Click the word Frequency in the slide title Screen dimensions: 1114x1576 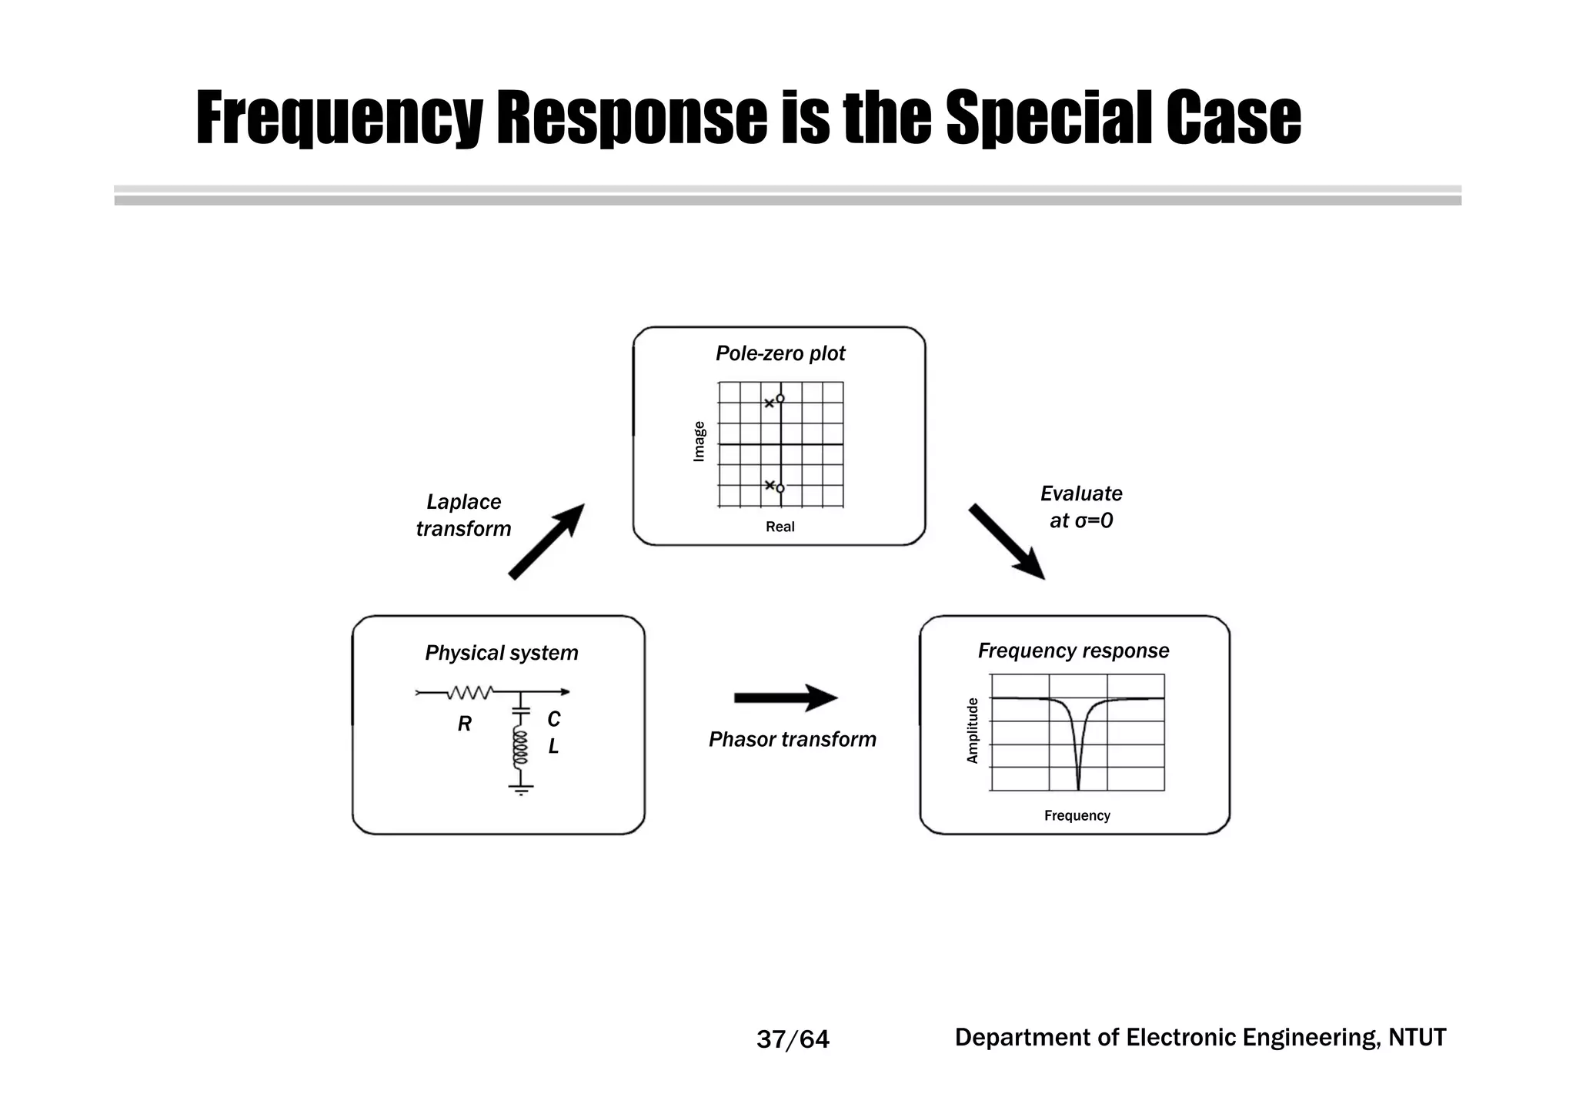(x=339, y=119)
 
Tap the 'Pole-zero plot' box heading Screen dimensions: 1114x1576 (x=780, y=353)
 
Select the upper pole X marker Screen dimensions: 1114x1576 (x=769, y=403)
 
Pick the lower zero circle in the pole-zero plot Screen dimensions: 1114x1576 (x=780, y=489)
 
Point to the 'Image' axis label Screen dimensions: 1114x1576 (x=699, y=441)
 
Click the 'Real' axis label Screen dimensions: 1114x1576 (x=780, y=527)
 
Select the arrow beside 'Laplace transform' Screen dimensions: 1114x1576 (x=546, y=540)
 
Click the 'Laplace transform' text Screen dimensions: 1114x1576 (x=463, y=515)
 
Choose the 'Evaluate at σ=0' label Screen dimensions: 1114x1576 (x=1080, y=507)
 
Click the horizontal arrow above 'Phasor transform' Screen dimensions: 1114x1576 (x=785, y=698)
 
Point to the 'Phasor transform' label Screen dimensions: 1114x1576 (x=792, y=739)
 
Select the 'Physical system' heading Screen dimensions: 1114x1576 (x=501, y=653)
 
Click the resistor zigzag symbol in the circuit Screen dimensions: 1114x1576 (x=469, y=693)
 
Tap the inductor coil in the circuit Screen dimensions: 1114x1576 (x=521, y=748)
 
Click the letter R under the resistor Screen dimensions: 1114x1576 (x=464, y=724)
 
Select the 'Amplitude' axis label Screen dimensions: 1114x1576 (x=973, y=731)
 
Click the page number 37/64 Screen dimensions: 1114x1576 (x=793, y=1039)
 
